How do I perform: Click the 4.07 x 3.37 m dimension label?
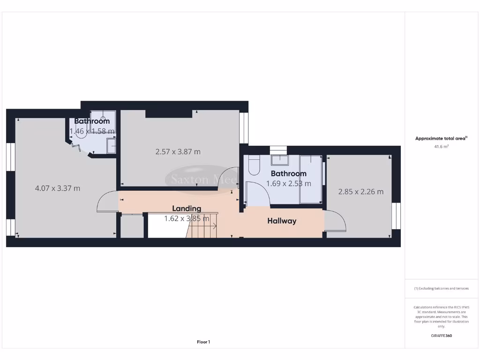[58, 188]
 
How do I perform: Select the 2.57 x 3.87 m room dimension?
[178, 152]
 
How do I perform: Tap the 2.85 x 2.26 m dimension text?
[361, 191]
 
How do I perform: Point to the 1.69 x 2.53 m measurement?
[288, 184]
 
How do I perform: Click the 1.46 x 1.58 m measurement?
[92, 131]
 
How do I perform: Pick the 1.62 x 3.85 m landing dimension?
[187, 218]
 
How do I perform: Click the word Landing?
[187, 209]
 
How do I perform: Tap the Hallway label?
[282, 221]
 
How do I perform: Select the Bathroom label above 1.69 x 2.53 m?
[288, 174]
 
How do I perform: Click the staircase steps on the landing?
[202, 229]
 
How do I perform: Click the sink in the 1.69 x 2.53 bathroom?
[280, 161]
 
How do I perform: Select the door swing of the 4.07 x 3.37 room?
[107, 202]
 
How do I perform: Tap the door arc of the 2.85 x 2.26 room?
[335, 221]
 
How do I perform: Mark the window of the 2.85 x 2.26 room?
[397, 216]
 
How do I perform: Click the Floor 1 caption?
[203, 342]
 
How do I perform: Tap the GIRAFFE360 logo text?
[442, 336]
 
